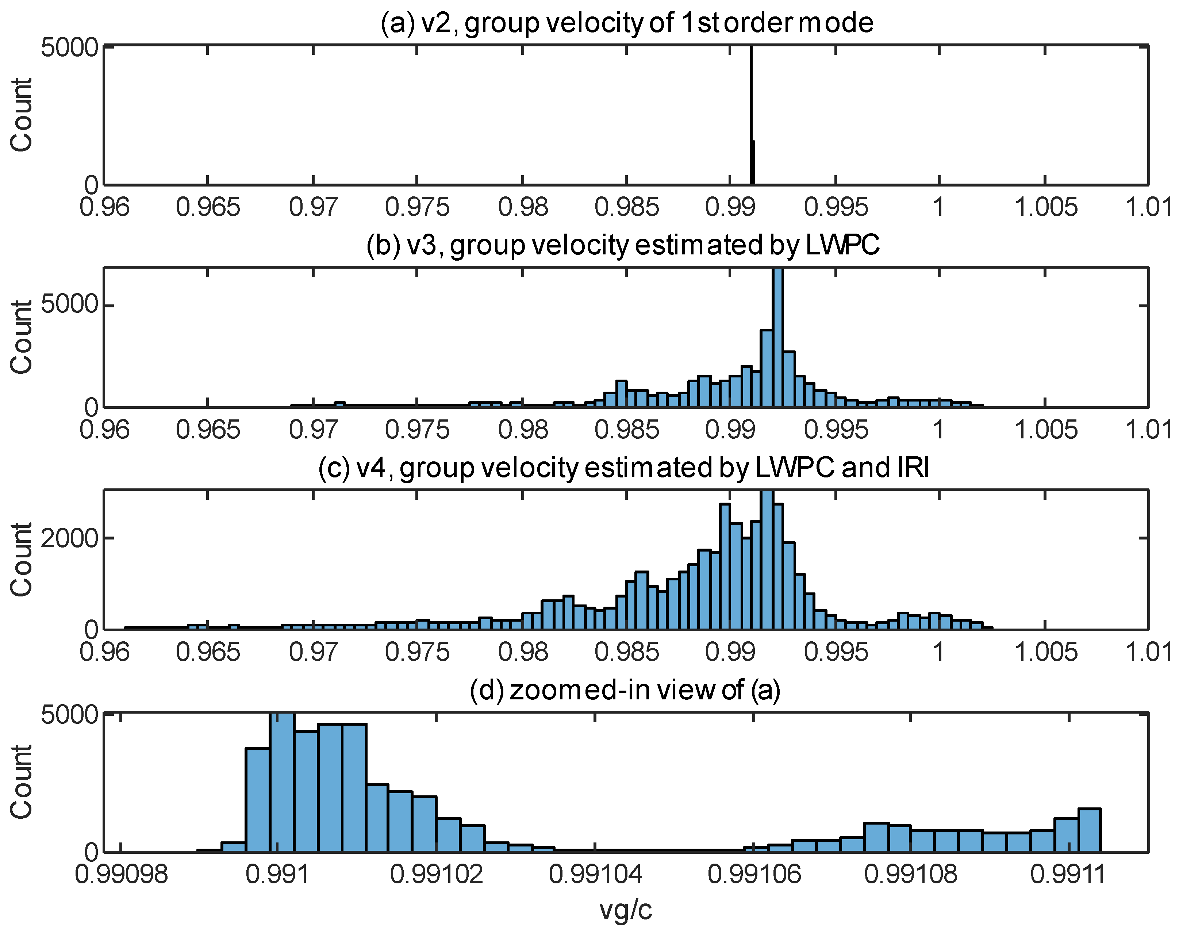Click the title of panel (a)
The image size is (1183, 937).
(626, 23)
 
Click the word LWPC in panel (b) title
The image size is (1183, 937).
(842, 245)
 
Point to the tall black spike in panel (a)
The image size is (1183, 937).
(751, 110)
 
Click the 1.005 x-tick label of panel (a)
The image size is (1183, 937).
(1045, 207)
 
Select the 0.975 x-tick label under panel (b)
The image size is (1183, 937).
(417, 430)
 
